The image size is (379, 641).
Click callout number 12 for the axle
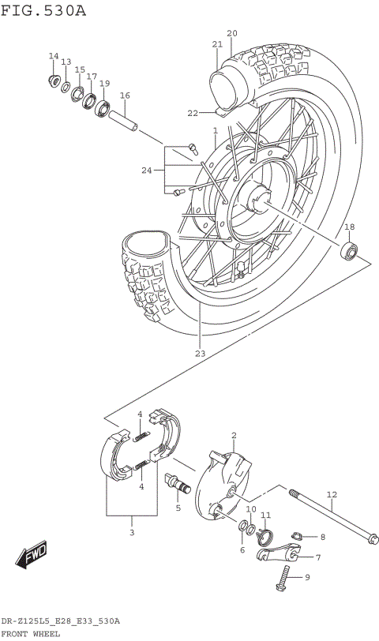point(332,495)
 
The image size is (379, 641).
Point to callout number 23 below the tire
point(200,353)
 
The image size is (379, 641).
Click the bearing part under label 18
point(348,252)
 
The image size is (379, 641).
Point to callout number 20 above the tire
point(231,33)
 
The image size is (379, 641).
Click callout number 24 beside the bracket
point(146,170)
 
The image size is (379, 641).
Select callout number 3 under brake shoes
point(132,533)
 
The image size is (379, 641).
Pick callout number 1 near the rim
point(214,130)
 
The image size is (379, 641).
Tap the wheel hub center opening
point(257,197)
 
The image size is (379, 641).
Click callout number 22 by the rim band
point(193,113)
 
